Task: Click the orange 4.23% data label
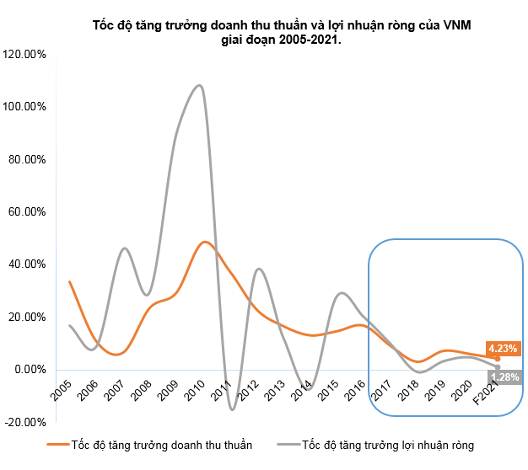pos(502,347)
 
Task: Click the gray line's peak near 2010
pos(198,85)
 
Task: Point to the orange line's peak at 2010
pos(205,242)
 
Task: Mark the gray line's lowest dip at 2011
pos(232,409)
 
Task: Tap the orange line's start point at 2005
pos(69,281)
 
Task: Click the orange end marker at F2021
pos(498,358)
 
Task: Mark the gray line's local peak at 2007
pos(125,248)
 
